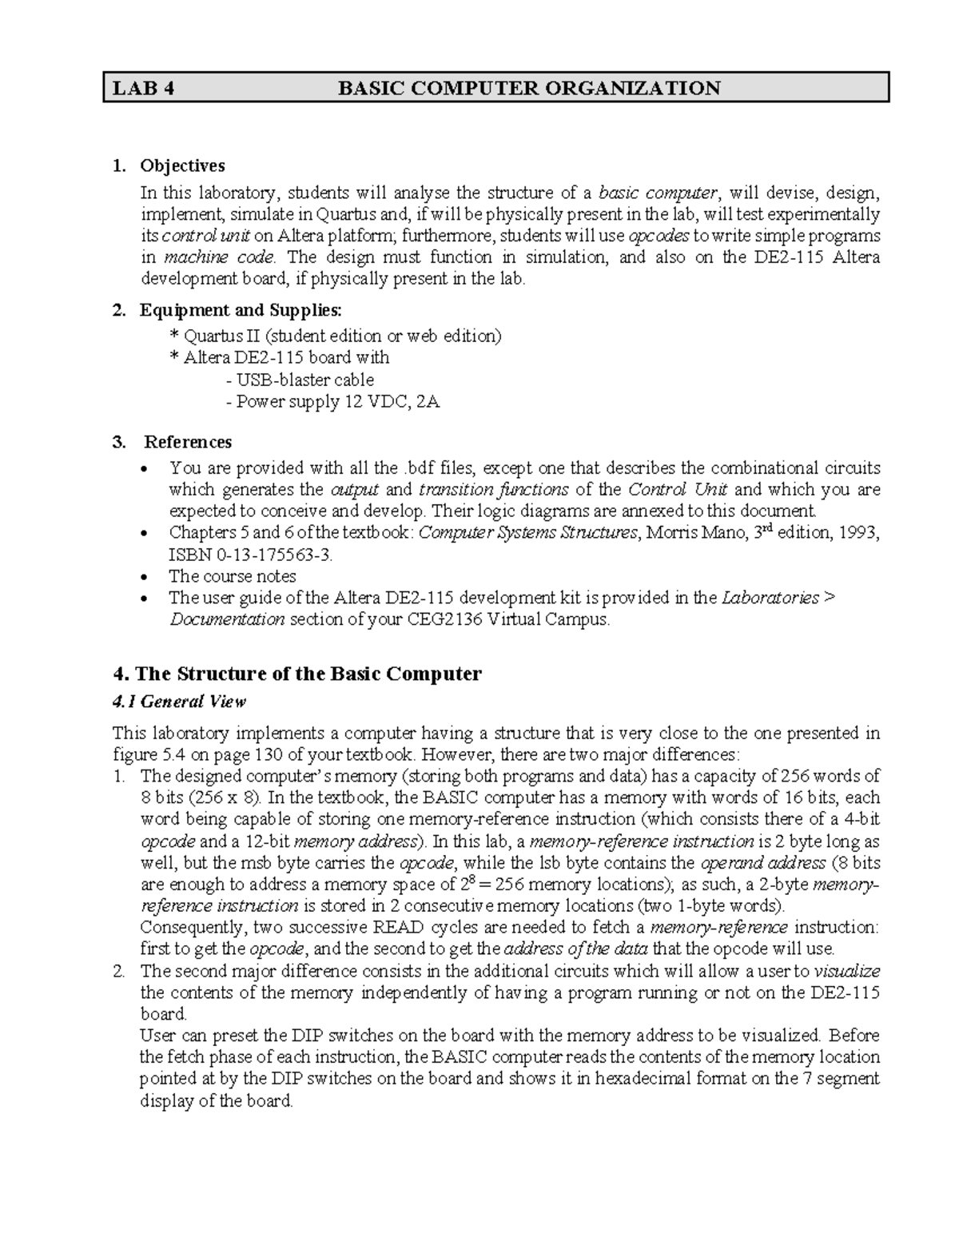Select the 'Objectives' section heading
pos(182,166)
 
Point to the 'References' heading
pos(188,442)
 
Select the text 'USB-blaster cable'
pos(300,380)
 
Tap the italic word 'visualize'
pos(846,972)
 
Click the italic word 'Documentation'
pos(227,620)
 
